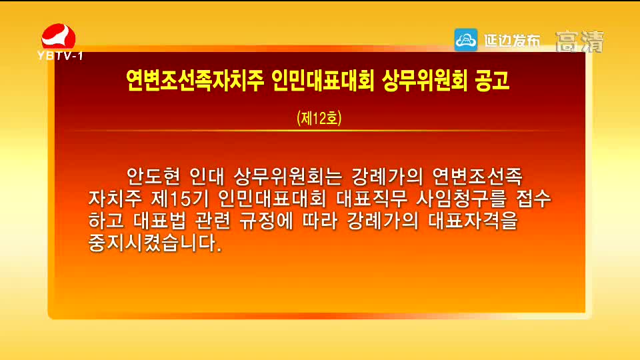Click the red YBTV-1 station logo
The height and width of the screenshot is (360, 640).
(59, 41)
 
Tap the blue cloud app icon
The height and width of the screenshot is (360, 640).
(466, 40)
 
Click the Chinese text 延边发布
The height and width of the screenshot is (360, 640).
(512, 41)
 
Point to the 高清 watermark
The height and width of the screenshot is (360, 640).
(579, 41)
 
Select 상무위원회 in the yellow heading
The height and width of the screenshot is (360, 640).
(425, 80)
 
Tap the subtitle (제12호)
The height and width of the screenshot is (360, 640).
(319, 118)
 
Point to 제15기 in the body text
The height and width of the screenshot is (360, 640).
(179, 199)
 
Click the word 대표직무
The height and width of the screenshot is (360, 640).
(372, 199)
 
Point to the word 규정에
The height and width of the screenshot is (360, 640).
(266, 221)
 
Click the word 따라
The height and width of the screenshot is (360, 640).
(320, 221)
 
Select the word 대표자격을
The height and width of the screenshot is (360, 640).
(473, 221)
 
